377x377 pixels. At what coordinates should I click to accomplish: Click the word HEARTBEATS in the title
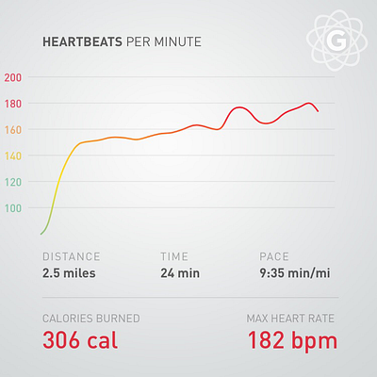(x=82, y=41)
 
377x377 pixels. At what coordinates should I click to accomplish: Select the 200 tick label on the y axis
(x=13, y=77)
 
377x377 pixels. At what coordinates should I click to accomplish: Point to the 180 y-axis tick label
(x=13, y=104)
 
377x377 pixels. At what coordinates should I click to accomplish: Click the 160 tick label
(x=13, y=130)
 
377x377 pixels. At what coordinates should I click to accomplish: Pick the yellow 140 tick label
(x=13, y=156)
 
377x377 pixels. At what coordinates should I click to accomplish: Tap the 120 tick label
(x=13, y=182)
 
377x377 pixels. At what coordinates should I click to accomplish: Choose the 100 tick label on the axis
(x=13, y=208)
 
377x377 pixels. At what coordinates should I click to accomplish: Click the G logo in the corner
(x=336, y=41)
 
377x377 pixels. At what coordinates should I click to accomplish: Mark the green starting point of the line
(x=41, y=234)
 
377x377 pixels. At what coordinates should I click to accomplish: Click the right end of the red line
(x=319, y=111)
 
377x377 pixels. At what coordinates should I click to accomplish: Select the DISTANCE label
(x=72, y=256)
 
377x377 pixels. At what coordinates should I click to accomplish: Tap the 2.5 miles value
(x=69, y=273)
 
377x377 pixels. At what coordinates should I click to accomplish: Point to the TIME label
(x=174, y=256)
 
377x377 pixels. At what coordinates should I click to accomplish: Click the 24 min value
(x=180, y=273)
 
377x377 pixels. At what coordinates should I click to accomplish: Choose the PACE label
(x=274, y=256)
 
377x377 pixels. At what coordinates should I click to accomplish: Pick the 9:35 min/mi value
(x=295, y=273)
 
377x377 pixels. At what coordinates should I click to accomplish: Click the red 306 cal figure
(x=80, y=340)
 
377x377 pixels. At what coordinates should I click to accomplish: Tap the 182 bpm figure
(x=292, y=341)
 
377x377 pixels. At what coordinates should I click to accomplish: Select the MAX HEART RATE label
(x=290, y=319)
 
